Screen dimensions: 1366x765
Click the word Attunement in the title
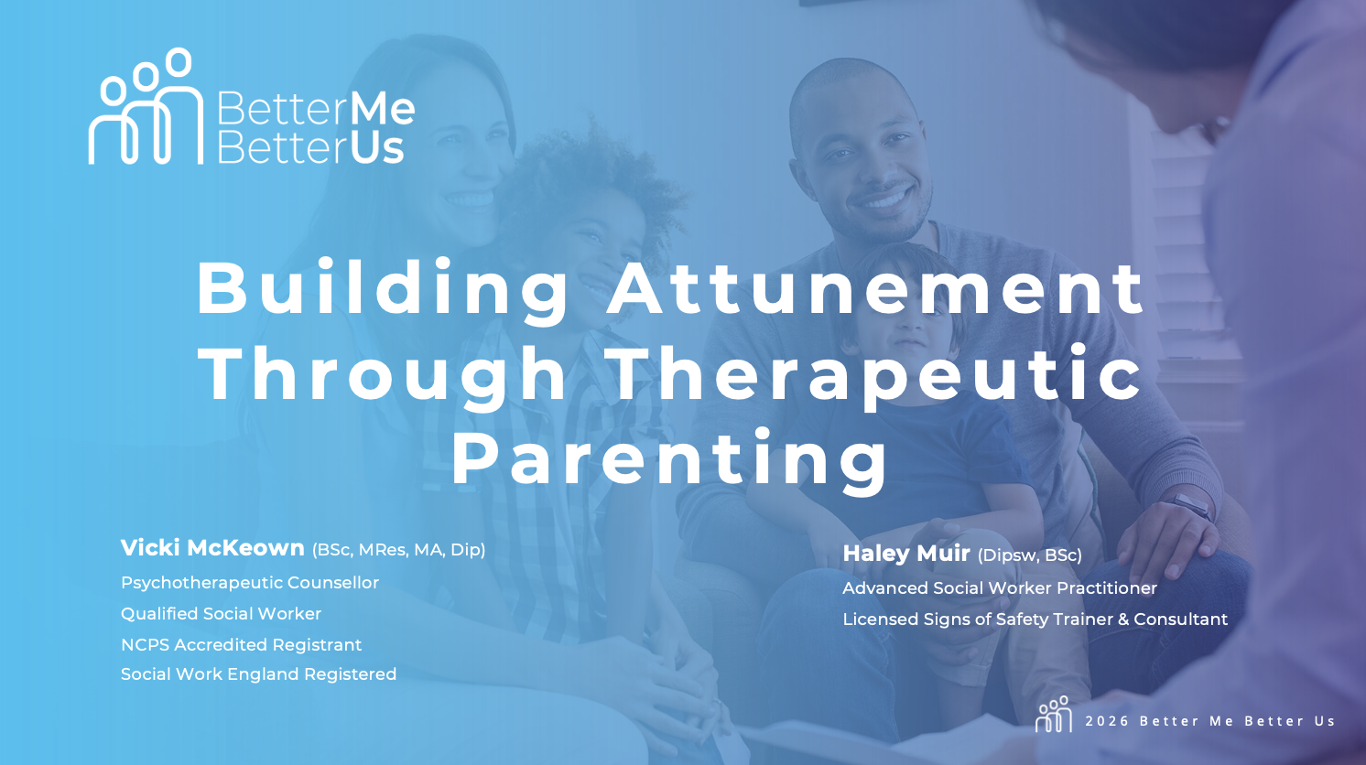click(x=875, y=287)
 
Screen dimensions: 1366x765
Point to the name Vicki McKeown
click(x=212, y=548)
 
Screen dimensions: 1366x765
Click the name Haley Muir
click(x=905, y=554)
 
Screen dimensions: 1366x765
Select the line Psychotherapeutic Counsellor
click(x=250, y=583)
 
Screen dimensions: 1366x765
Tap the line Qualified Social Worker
click(x=221, y=613)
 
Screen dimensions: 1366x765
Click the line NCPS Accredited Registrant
click(x=242, y=644)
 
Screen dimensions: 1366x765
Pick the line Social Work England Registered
click(x=258, y=674)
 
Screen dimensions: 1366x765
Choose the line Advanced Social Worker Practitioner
click(x=1000, y=587)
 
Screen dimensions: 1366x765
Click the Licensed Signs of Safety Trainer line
click(x=1035, y=619)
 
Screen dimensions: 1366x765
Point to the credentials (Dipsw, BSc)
click(x=1030, y=555)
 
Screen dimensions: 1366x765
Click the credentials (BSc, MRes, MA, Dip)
click(x=399, y=550)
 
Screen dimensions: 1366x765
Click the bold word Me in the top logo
click(x=383, y=109)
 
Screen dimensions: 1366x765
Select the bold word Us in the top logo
click(x=377, y=148)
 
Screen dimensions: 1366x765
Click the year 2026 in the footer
click(x=1108, y=721)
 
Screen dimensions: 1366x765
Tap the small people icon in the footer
click(x=1054, y=714)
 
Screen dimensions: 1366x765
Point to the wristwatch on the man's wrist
click(x=1189, y=505)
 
